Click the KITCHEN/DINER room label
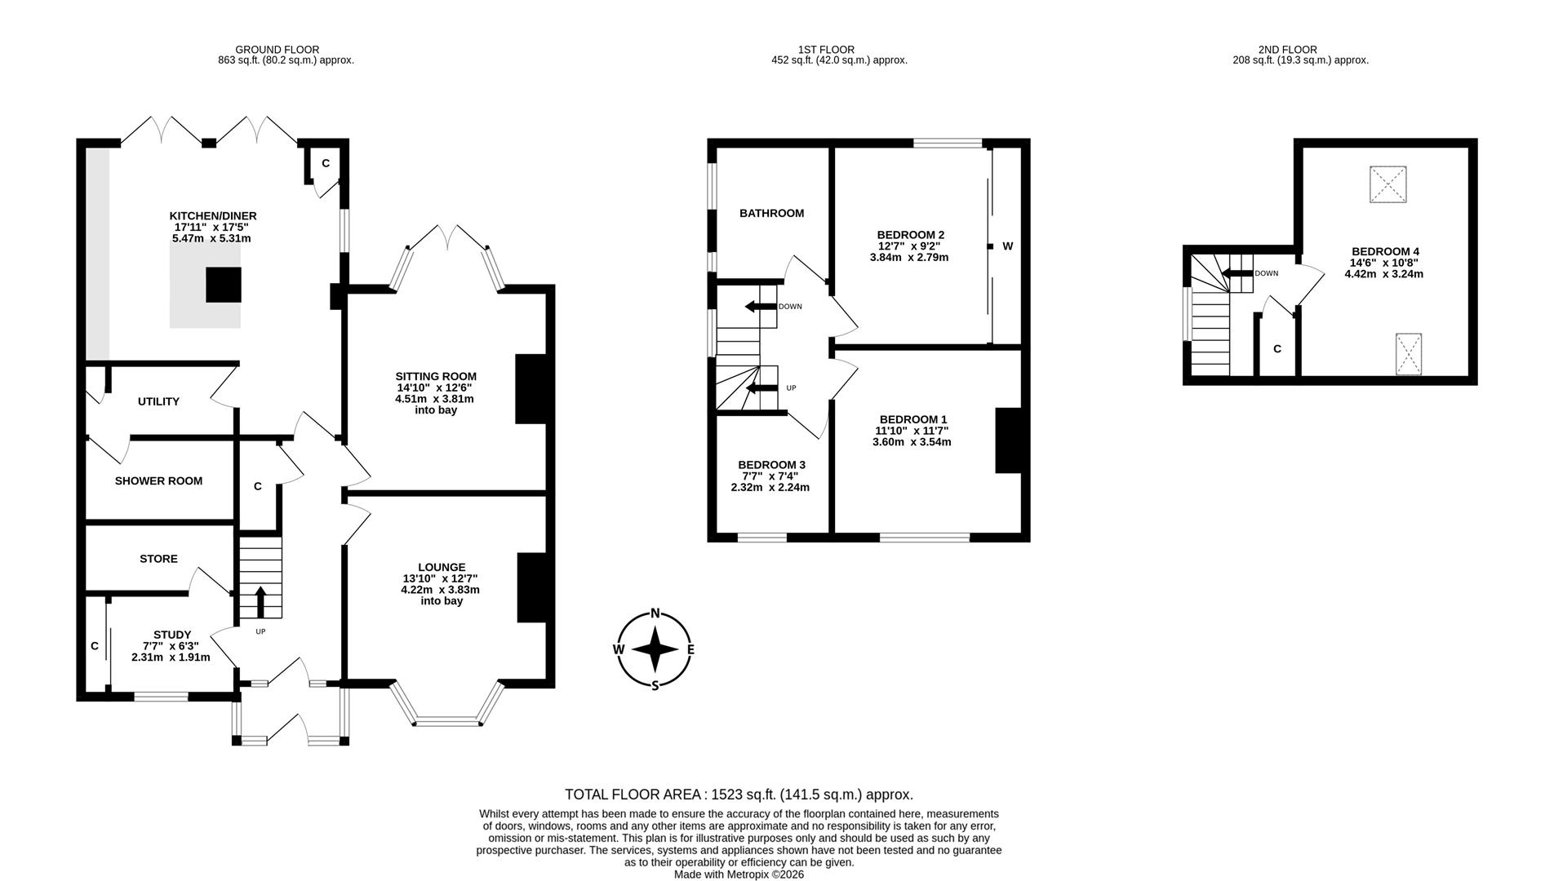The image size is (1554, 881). coord(213,216)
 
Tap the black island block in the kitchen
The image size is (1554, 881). coord(223,285)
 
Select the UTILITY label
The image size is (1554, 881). coord(158,401)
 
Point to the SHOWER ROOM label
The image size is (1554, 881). coord(158,481)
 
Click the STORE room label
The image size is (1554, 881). coord(158,559)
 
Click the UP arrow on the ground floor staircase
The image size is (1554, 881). coord(260,601)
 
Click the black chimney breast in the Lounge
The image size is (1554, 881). coord(531,588)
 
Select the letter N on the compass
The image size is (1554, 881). coord(655,614)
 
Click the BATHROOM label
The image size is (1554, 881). coord(771,214)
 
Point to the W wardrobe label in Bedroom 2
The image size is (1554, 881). coord(1007,246)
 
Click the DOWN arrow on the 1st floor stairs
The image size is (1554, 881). coord(760,307)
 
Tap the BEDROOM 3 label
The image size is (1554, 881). coord(771,465)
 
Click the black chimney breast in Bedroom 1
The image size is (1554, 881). coord(1008,440)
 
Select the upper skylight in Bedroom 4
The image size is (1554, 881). coord(1388,184)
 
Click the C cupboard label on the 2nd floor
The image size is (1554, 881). coord(1277,349)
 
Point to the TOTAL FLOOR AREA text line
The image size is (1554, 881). coord(739,795)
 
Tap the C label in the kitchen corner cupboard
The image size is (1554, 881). coord(326,163)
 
